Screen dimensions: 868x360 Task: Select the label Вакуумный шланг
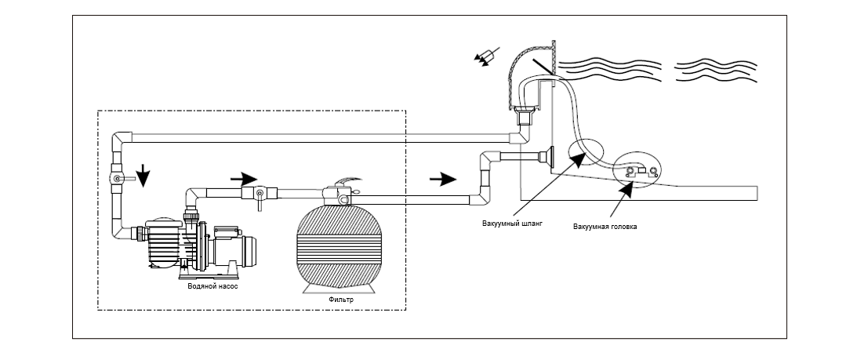pyautogui.click(x=512, y=224)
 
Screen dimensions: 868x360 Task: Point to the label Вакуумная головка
pyautogui.click(x=605, y=226)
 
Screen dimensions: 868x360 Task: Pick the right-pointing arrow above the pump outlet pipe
pyautogui.click(x=244, y=179)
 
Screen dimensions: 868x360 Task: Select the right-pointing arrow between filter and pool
pyautogui.click(x=442, y=178)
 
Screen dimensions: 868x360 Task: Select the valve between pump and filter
pyautogui.click(x=259, y=195)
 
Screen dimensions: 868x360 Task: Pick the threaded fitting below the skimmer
pyautogui.click(x=523, y=117)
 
